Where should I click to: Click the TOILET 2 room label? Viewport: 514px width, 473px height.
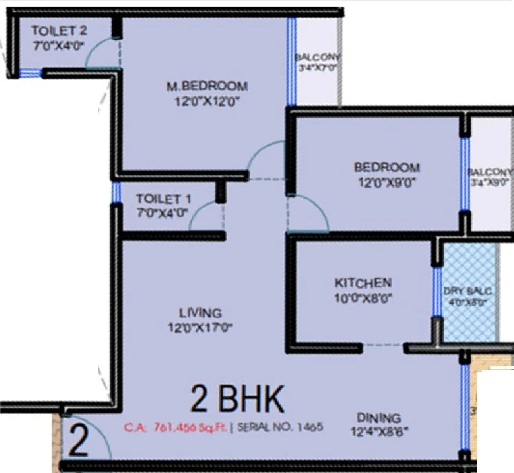click(x=59, y=30)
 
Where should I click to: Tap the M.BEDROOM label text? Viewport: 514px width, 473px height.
click(x=207, y=86)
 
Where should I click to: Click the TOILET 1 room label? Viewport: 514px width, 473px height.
click(x=164, y=199)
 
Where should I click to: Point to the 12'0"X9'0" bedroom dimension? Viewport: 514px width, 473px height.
click(x=386, y=183)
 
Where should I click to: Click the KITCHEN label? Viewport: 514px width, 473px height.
click(x=363, y=283)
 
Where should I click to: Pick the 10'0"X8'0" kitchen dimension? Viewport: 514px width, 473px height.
click(x=363, y=298)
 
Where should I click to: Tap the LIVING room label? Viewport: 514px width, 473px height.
click(x=200, y=313)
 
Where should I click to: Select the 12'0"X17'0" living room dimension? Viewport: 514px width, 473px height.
click(x=200, y=328)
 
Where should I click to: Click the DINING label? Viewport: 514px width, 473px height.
click(x=379, y=418)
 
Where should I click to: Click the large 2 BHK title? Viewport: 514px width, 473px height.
click(x=237, y=400)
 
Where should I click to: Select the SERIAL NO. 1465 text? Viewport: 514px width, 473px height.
click(x=280, y=427)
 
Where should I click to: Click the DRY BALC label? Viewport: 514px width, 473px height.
click(x=467, y=291)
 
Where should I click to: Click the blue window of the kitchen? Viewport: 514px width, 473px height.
click(x=437, y=291)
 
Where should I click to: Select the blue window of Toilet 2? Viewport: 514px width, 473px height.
click(x=30, y=73)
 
